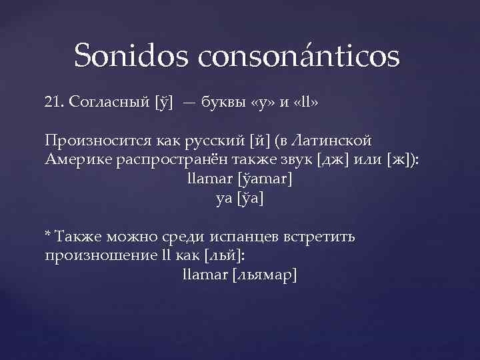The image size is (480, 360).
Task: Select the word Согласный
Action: (x=108, y=103)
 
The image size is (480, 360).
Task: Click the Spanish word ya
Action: (x=224, y=199)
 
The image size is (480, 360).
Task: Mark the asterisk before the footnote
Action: (x=47, y=235)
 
